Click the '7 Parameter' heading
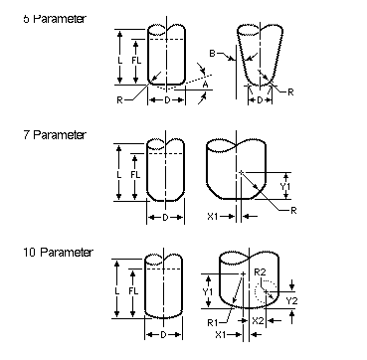[55, 135]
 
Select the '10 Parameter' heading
[58, 253]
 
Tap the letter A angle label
[206, 85]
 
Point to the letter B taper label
[213, 53]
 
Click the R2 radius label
[260, 272]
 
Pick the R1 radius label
[213, 322]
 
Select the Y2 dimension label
[291, 301]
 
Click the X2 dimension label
[259, 320]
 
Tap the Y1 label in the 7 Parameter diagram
[285, 187]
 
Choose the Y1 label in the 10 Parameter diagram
[208, 292]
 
